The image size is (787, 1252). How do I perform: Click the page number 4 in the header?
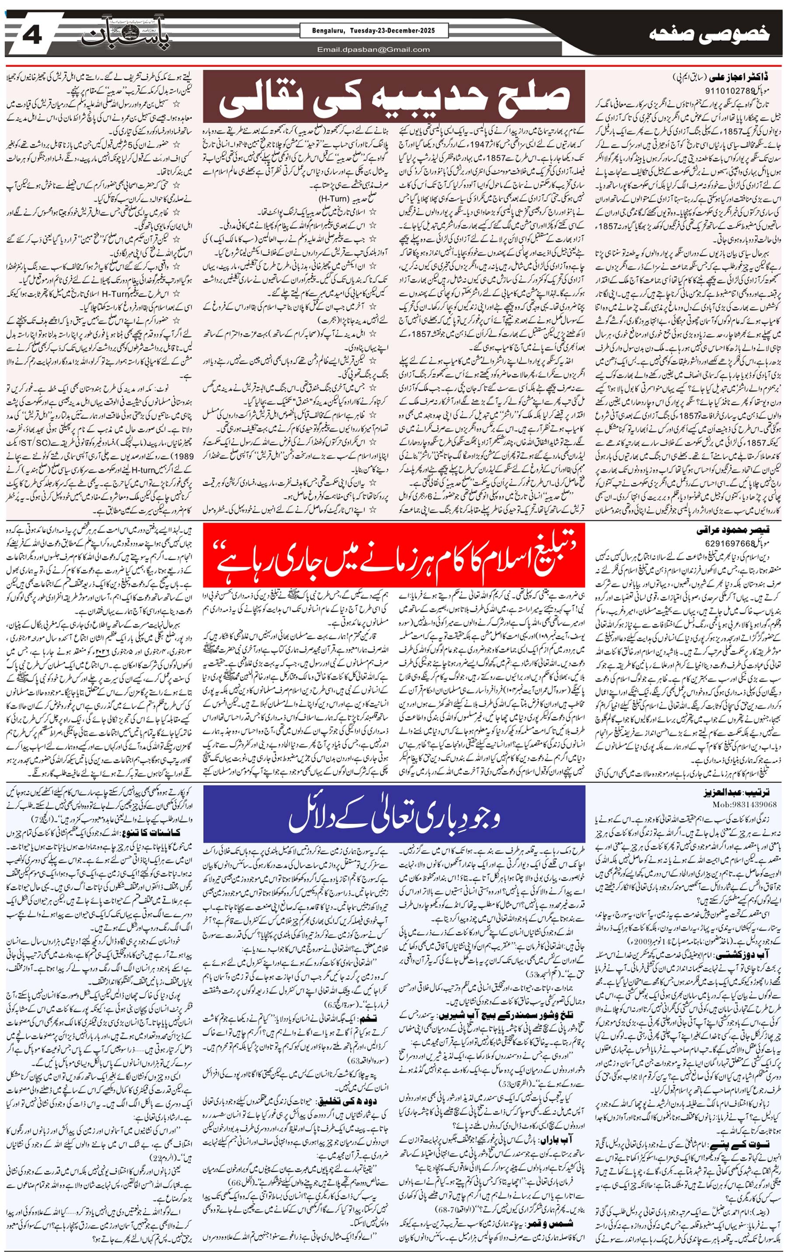pyautogui.click(x=32, y=36)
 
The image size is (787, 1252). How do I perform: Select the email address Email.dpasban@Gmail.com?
pyautogui.click(x=373, y=49)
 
